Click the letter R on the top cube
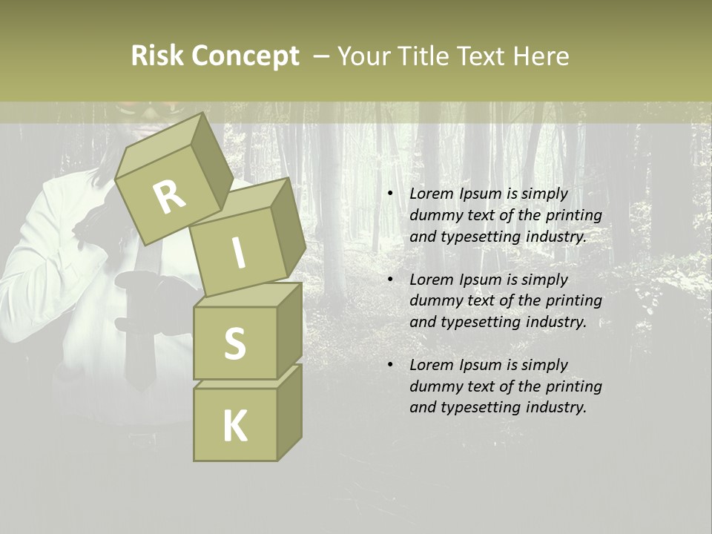pyautogui.click(x=170, y=197)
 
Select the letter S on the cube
pyautogui.click(x=234, y=343)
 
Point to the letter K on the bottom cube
pyautogui.click(x=234, y=426)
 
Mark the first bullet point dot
pyautogui.click(x=390, y=194)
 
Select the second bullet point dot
pyautogui.click(x=390, y=280)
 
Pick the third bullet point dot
pyautogui.click(x=390, y=365)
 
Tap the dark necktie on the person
pyautogui.click(x=138, y=356)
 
